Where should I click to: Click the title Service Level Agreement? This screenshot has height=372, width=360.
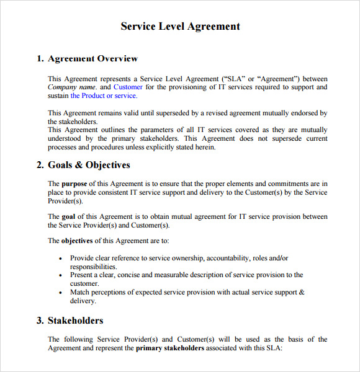pyautogui.click(x=180, y=26)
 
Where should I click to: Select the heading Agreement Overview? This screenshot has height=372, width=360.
pyautogui.click(x=92, y=59)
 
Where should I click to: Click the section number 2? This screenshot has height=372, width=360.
pyautogui.click(x=39, y=165)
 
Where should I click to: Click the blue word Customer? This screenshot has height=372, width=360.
pyautogui.click(x=127, y=87)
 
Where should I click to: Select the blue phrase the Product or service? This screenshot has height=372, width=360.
pyautogui.click(x=104, y=96)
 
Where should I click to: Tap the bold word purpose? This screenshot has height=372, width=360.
pyautogui.click(x=74, y=184)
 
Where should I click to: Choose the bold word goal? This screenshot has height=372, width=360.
pyautogui.click(x=68, y=216)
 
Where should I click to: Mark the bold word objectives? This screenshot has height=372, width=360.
pyautogui.click(x=78, y=241)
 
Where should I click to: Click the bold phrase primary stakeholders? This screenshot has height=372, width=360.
pyautogui.click(x=170, y=348)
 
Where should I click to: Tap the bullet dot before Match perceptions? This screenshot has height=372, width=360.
pyautogui.click(x=60, y=293)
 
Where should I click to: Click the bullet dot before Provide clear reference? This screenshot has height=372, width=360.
pyautogui.click(x=60, y=259)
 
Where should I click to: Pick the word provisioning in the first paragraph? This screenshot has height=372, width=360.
pyautogui.click(x=192, y=87)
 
